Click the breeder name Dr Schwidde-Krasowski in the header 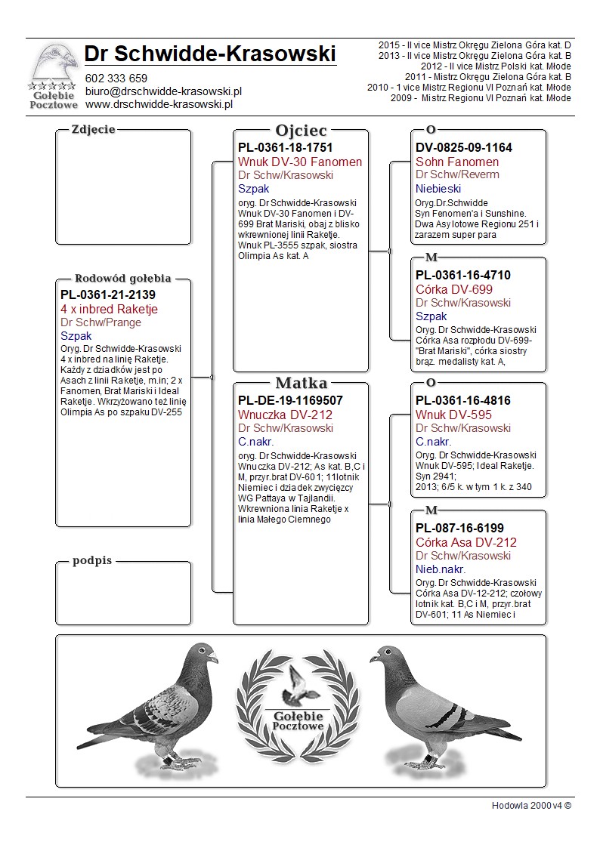(x=210, y=54)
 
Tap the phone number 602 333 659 (x=116, y=79)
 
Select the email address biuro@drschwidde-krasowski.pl (x=162, y=91)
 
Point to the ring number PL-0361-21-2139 (x=108, y=294)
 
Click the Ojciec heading (x=301, y=130)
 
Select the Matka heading (x=301, y=383)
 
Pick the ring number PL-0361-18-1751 (x=285, y=147)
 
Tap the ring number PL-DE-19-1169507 (x=290, y=400)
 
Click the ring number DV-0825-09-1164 (x=463, y=147)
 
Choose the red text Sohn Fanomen (x=457, y=162)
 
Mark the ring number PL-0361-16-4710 (x=463, y=275)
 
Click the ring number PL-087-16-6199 (x=459, y=528)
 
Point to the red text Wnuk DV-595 (x=453, y=415)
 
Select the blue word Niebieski (x=437, y=189)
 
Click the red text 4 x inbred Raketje (x=109, y=309)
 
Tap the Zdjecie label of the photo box (x=93, y=129)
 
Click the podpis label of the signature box (x=92, y=561)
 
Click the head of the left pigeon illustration (x=203, y=654)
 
